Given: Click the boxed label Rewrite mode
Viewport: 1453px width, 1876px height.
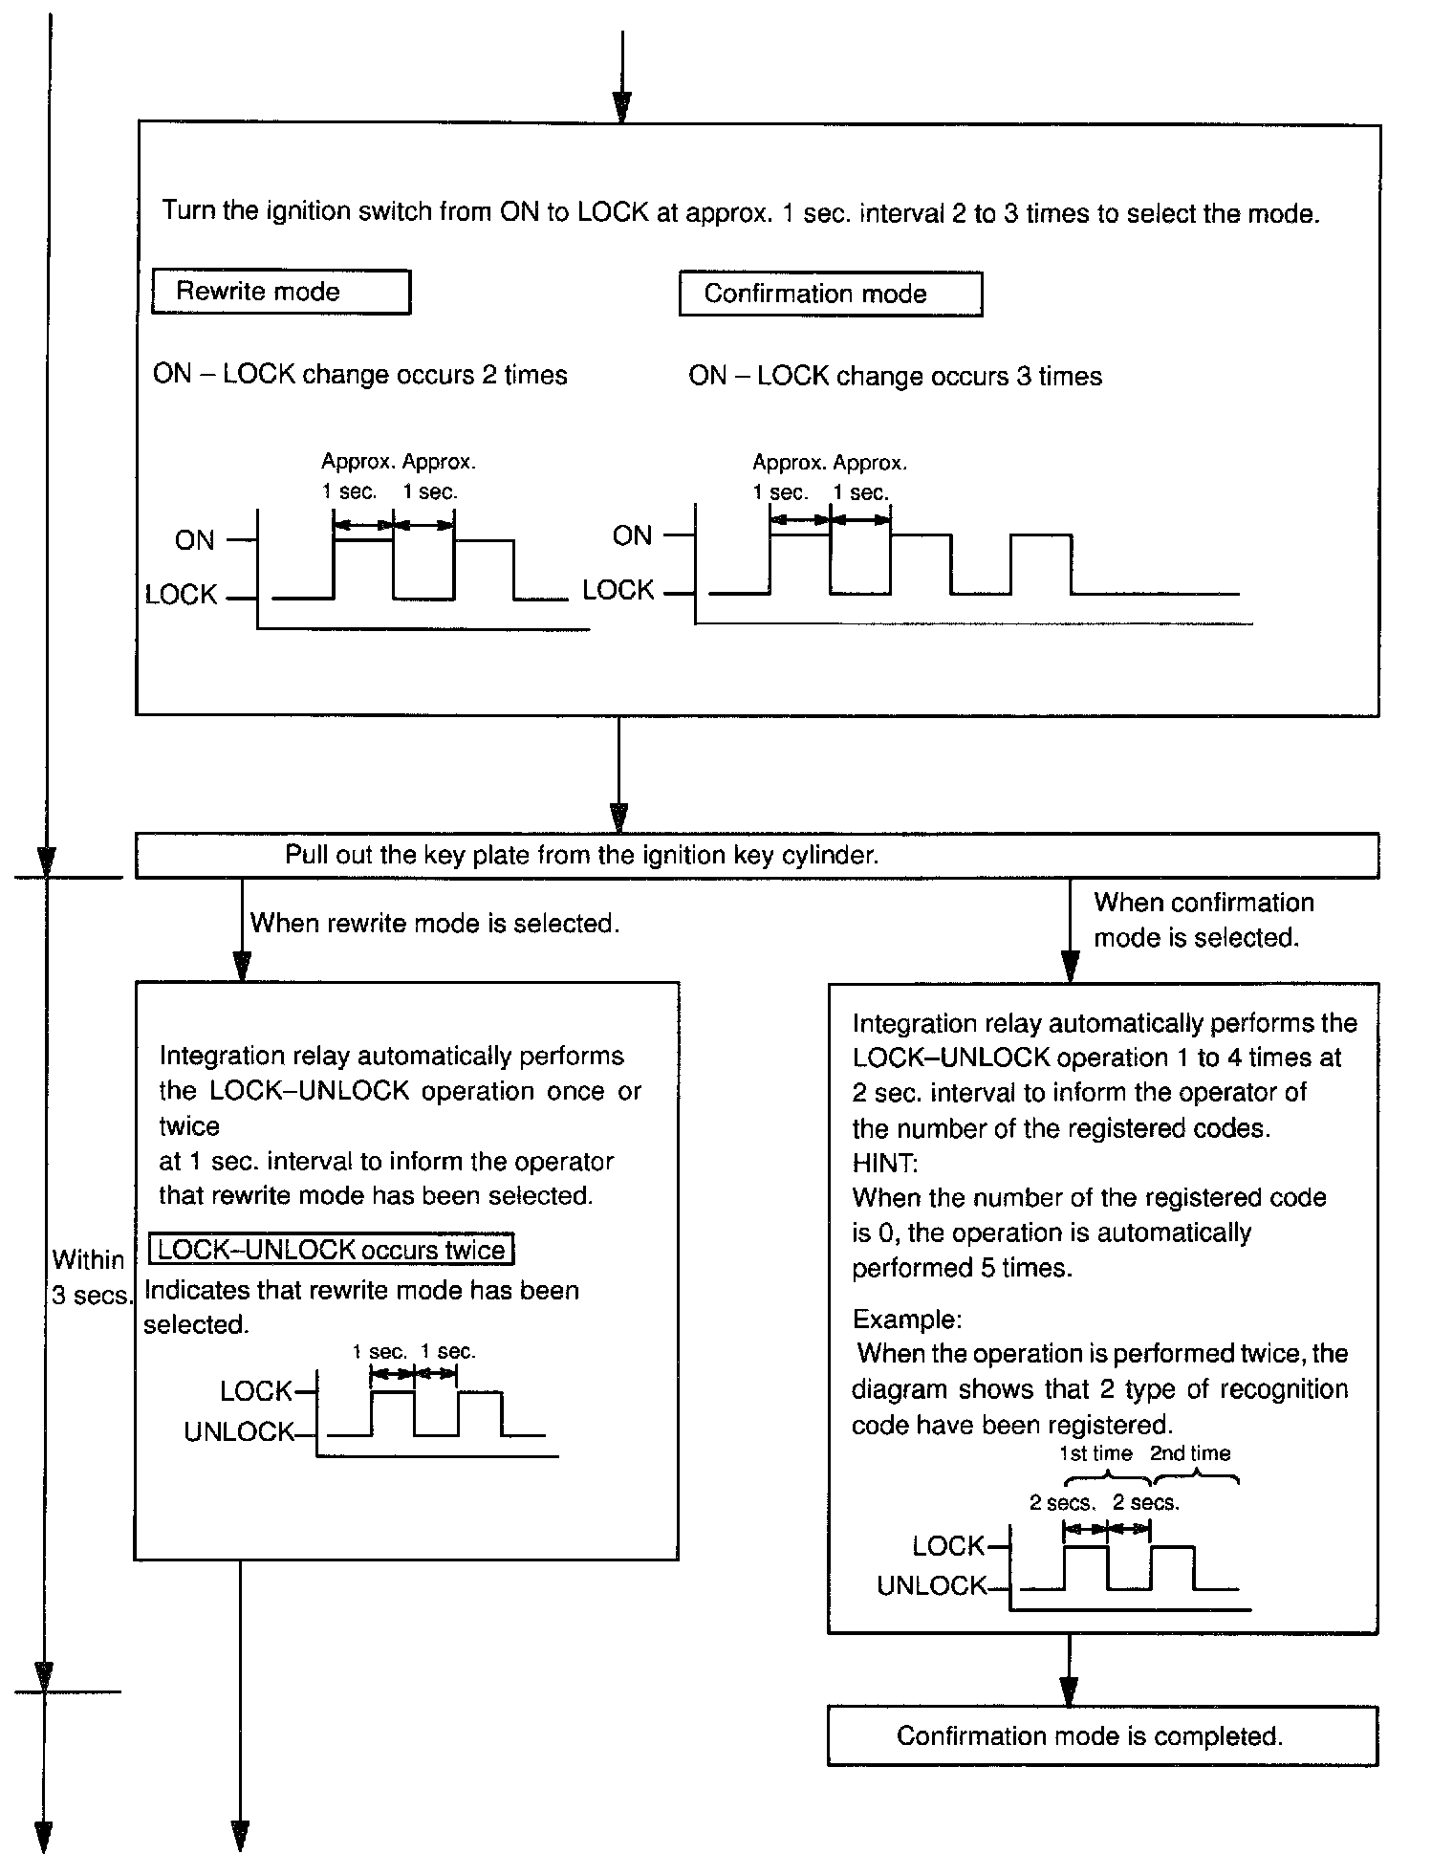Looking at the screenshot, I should pyautogui.click(x=280, y=292).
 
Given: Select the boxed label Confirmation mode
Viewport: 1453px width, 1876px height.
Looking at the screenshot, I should pyautogui.click(x=830, y=294).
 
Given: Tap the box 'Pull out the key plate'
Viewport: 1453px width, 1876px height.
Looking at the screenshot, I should pyautogui.click(x=756, y=855).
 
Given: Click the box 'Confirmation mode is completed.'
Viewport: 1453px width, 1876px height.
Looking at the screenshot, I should pyautogui.click(x=1101, y=1735).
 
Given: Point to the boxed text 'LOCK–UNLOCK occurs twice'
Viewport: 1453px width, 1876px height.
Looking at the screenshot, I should pyautogui.click(x=332, y=1250).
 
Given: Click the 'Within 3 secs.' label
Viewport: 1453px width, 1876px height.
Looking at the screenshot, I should pyautogui.click(x=90, y=1277).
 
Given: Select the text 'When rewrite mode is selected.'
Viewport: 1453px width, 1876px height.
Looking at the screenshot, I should pyautogui.click(x=435, y=924).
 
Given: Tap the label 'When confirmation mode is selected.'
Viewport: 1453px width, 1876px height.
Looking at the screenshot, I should pyautogui.click(x=1203, y=920).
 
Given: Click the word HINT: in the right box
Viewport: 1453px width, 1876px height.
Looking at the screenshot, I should pyautogui.click(x=884, y=1163).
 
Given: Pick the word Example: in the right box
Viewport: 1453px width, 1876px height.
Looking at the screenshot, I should pyautogui.click(x=906, y=1320).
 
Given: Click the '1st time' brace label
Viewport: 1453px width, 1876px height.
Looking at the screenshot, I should pyautogui.click(x=1095, y=1453).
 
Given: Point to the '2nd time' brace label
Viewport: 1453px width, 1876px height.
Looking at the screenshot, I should pyautogui.click(x=1189, y=1453).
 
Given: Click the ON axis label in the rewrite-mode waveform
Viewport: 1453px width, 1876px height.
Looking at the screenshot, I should pyautogui.click(x=195, y=540).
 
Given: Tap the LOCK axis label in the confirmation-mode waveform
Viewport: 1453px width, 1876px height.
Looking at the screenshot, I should pyautogui.click(x=618, y=590).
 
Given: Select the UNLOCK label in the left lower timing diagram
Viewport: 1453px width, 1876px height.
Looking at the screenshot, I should pyautogui.click(x=239, y=1431).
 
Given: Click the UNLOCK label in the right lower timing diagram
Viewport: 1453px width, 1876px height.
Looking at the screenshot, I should pyautogui.click(x=931, y=1585).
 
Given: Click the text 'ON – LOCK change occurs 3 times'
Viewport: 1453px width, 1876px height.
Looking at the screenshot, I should pyautogui.click(x=895, y=376).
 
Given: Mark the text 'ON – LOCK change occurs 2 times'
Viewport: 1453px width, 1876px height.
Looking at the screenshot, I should pyautogui.click(x=359, y=374).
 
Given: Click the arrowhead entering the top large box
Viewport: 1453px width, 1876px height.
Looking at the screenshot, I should pyautogui.click(x=621, y=107).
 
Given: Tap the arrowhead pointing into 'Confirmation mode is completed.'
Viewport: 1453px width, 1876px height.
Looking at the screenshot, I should pyautogui.click(x=1069, y=1691).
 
